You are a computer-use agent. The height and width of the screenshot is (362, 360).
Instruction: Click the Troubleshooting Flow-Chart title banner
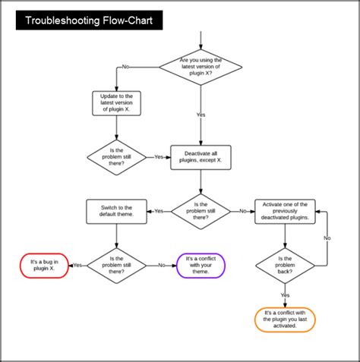coord(90,20)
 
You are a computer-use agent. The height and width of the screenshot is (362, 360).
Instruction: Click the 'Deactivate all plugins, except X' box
coord(200,157)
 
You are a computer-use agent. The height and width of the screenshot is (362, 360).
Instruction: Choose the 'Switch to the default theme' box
coord(115,211)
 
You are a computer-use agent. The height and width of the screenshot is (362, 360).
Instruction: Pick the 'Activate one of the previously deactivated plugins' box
coord(286,211)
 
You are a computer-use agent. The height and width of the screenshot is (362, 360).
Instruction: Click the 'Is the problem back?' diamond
coord(285,264)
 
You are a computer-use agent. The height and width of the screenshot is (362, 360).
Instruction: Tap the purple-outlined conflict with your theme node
coord(201,265)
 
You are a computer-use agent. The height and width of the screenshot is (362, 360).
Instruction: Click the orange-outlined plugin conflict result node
coord(285,320)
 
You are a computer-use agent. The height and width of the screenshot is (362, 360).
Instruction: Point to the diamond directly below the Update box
coord(116,157)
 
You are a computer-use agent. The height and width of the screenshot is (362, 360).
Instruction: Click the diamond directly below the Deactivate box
coord(201,211)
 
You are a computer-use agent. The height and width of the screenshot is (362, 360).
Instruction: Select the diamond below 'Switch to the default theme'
coord(116,264)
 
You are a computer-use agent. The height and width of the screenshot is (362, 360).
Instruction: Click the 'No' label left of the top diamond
coord(125,67)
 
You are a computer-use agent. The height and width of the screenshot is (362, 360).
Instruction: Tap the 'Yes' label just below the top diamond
coord(201,115)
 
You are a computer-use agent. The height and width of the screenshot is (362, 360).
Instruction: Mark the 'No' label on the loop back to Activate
coord(327,238)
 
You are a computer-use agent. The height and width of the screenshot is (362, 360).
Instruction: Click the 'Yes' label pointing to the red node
coord(77,265)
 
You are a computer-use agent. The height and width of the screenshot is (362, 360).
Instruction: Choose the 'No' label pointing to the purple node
coord(162,265)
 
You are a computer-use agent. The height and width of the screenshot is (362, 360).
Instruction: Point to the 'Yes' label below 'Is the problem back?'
coord(285,294)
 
